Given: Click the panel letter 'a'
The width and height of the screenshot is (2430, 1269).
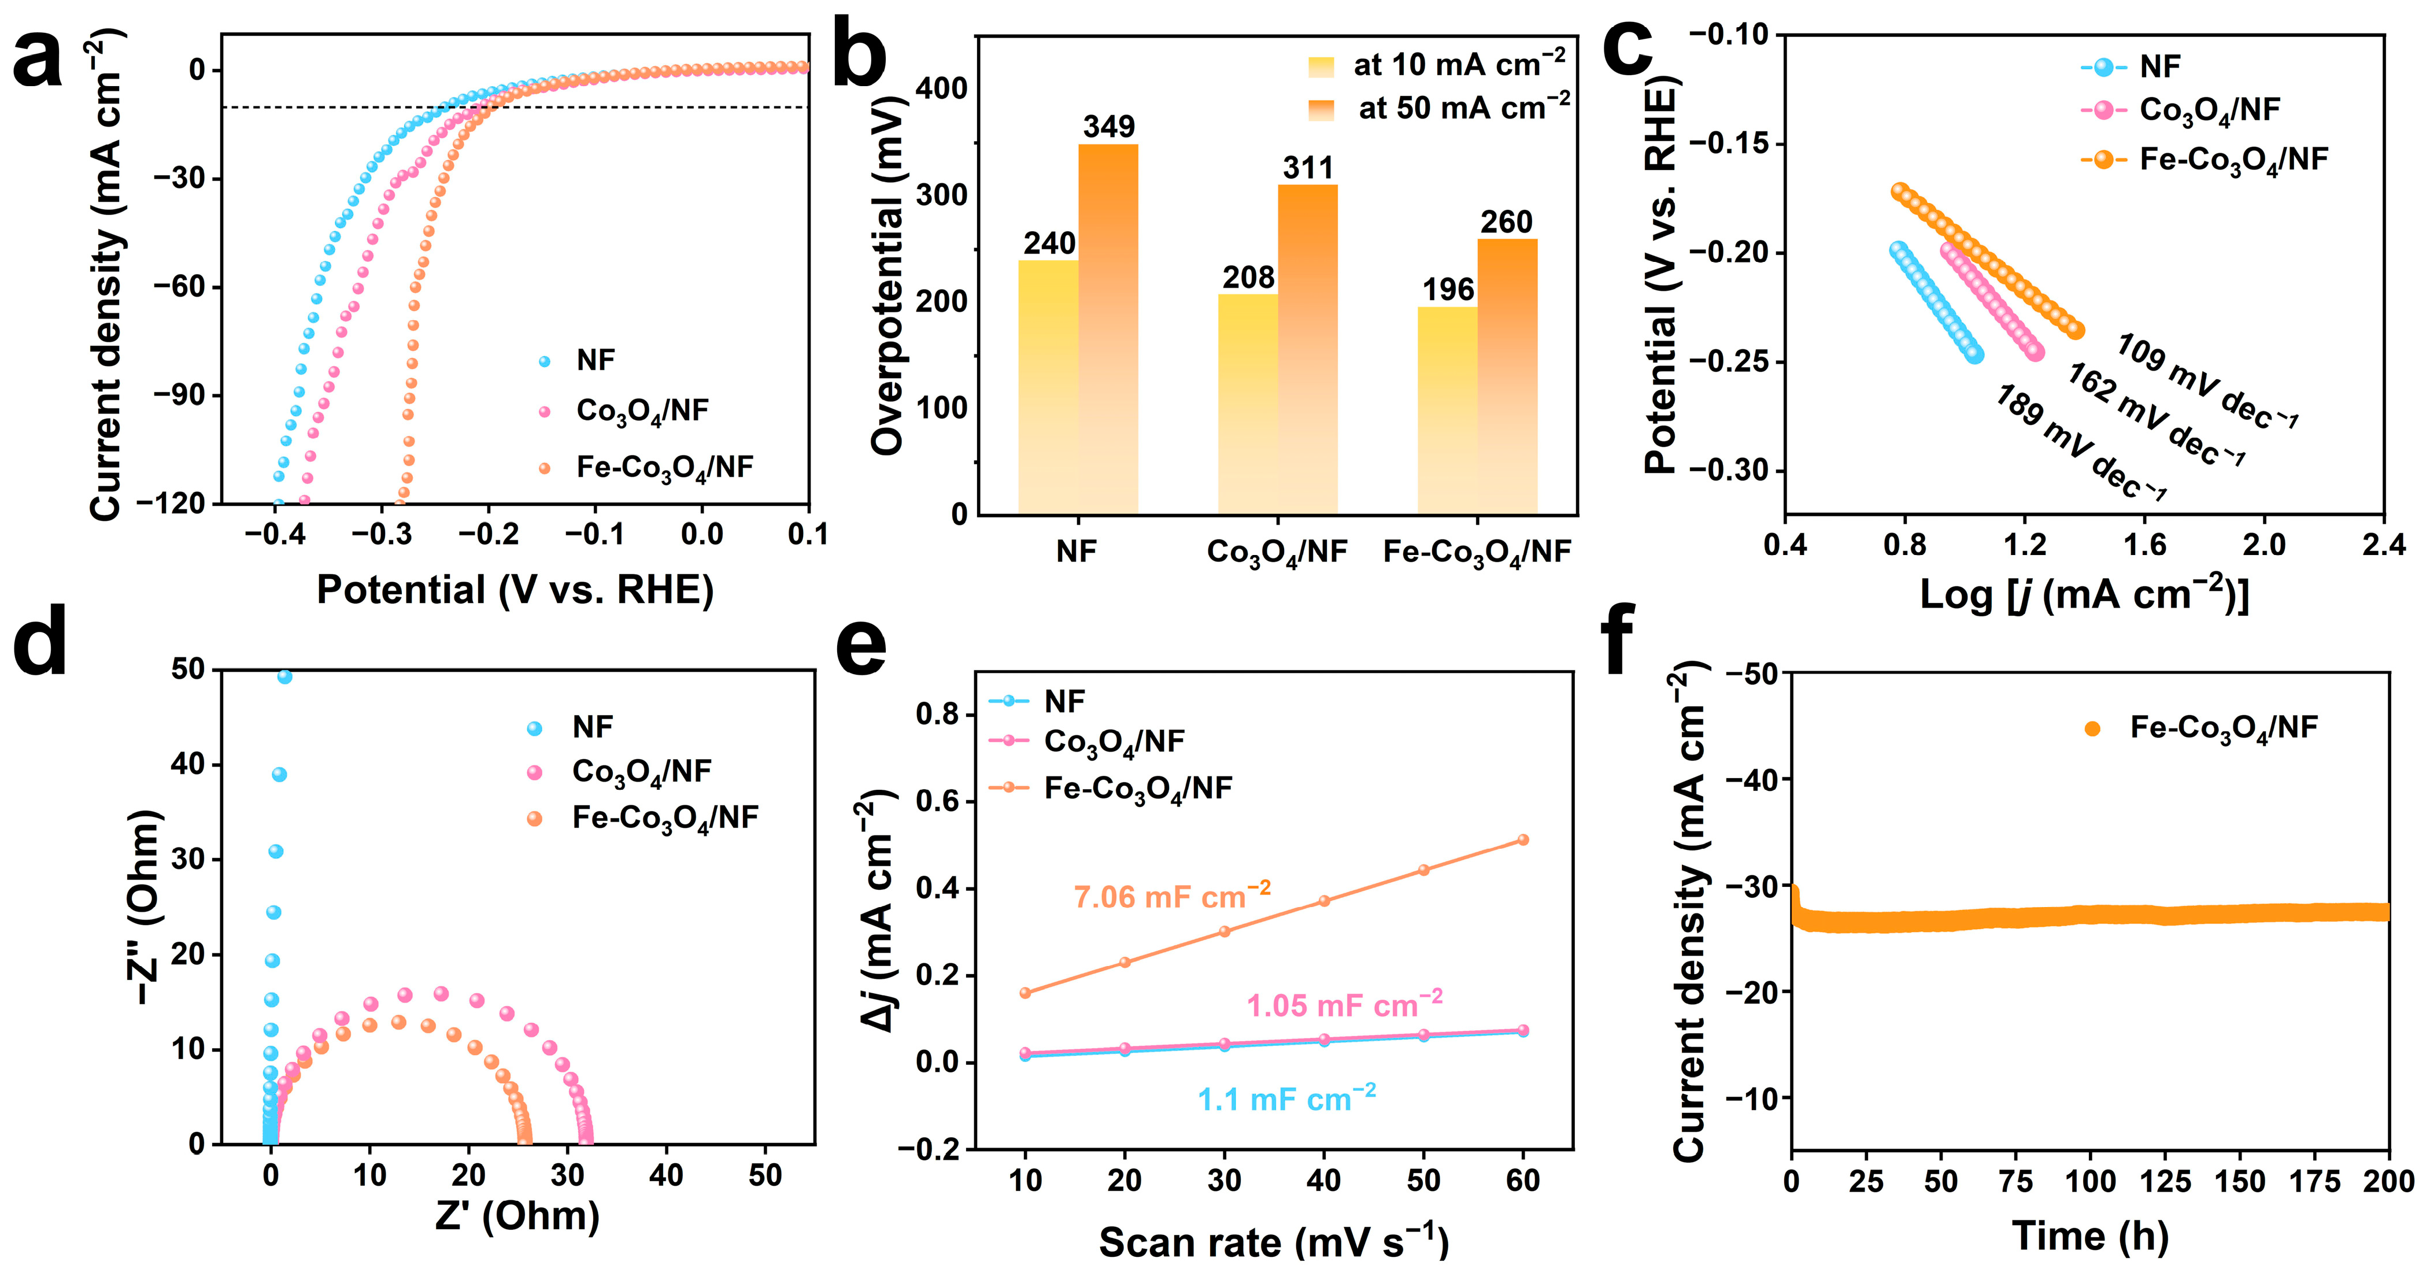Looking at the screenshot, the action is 38,58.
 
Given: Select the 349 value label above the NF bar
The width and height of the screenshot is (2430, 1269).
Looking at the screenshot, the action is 1108,127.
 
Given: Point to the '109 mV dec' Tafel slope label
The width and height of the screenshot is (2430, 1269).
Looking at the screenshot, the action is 2207,382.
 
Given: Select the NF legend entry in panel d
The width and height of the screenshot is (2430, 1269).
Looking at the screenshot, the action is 571,727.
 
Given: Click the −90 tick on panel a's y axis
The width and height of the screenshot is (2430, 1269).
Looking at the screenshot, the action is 176,395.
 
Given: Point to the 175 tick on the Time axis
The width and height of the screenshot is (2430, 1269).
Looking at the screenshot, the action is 2315,1181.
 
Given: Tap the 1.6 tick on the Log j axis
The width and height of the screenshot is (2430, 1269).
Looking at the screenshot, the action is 2144,545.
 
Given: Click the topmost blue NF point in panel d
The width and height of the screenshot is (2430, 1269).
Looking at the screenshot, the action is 284,676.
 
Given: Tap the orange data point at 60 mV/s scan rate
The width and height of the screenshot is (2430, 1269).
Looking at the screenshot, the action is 1522,839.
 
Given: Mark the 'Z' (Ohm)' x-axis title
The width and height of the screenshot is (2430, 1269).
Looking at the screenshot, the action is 517,1215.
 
